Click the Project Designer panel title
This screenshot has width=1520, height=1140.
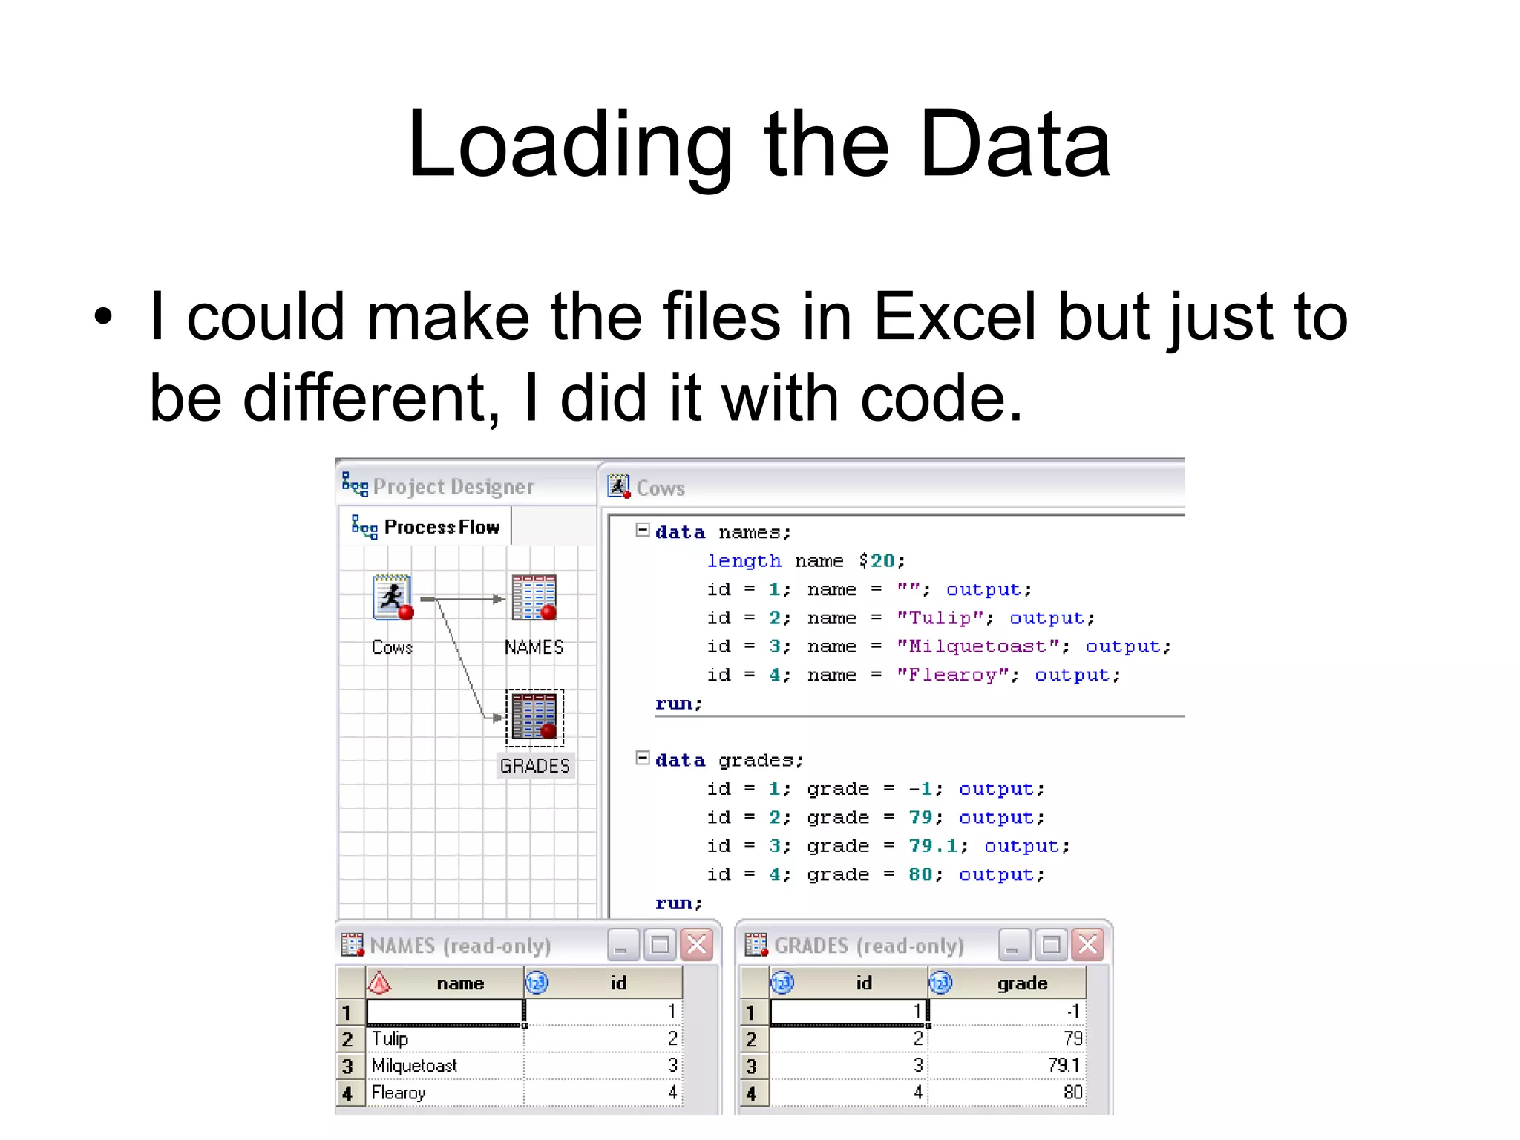click(453, 487)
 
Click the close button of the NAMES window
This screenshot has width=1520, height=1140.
click(697, 946)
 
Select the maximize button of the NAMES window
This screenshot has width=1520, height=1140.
click(660, 946)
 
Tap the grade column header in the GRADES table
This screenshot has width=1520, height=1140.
click(1021, 983)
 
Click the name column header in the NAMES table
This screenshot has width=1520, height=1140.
click(459, 983)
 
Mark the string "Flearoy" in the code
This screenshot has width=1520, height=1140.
click(953, 675)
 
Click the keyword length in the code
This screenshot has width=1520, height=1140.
click(744, 561)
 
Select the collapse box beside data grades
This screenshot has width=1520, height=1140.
click(643, 759)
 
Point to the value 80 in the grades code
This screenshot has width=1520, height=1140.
click(920, 875)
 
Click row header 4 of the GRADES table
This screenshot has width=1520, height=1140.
click(751, 1093)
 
